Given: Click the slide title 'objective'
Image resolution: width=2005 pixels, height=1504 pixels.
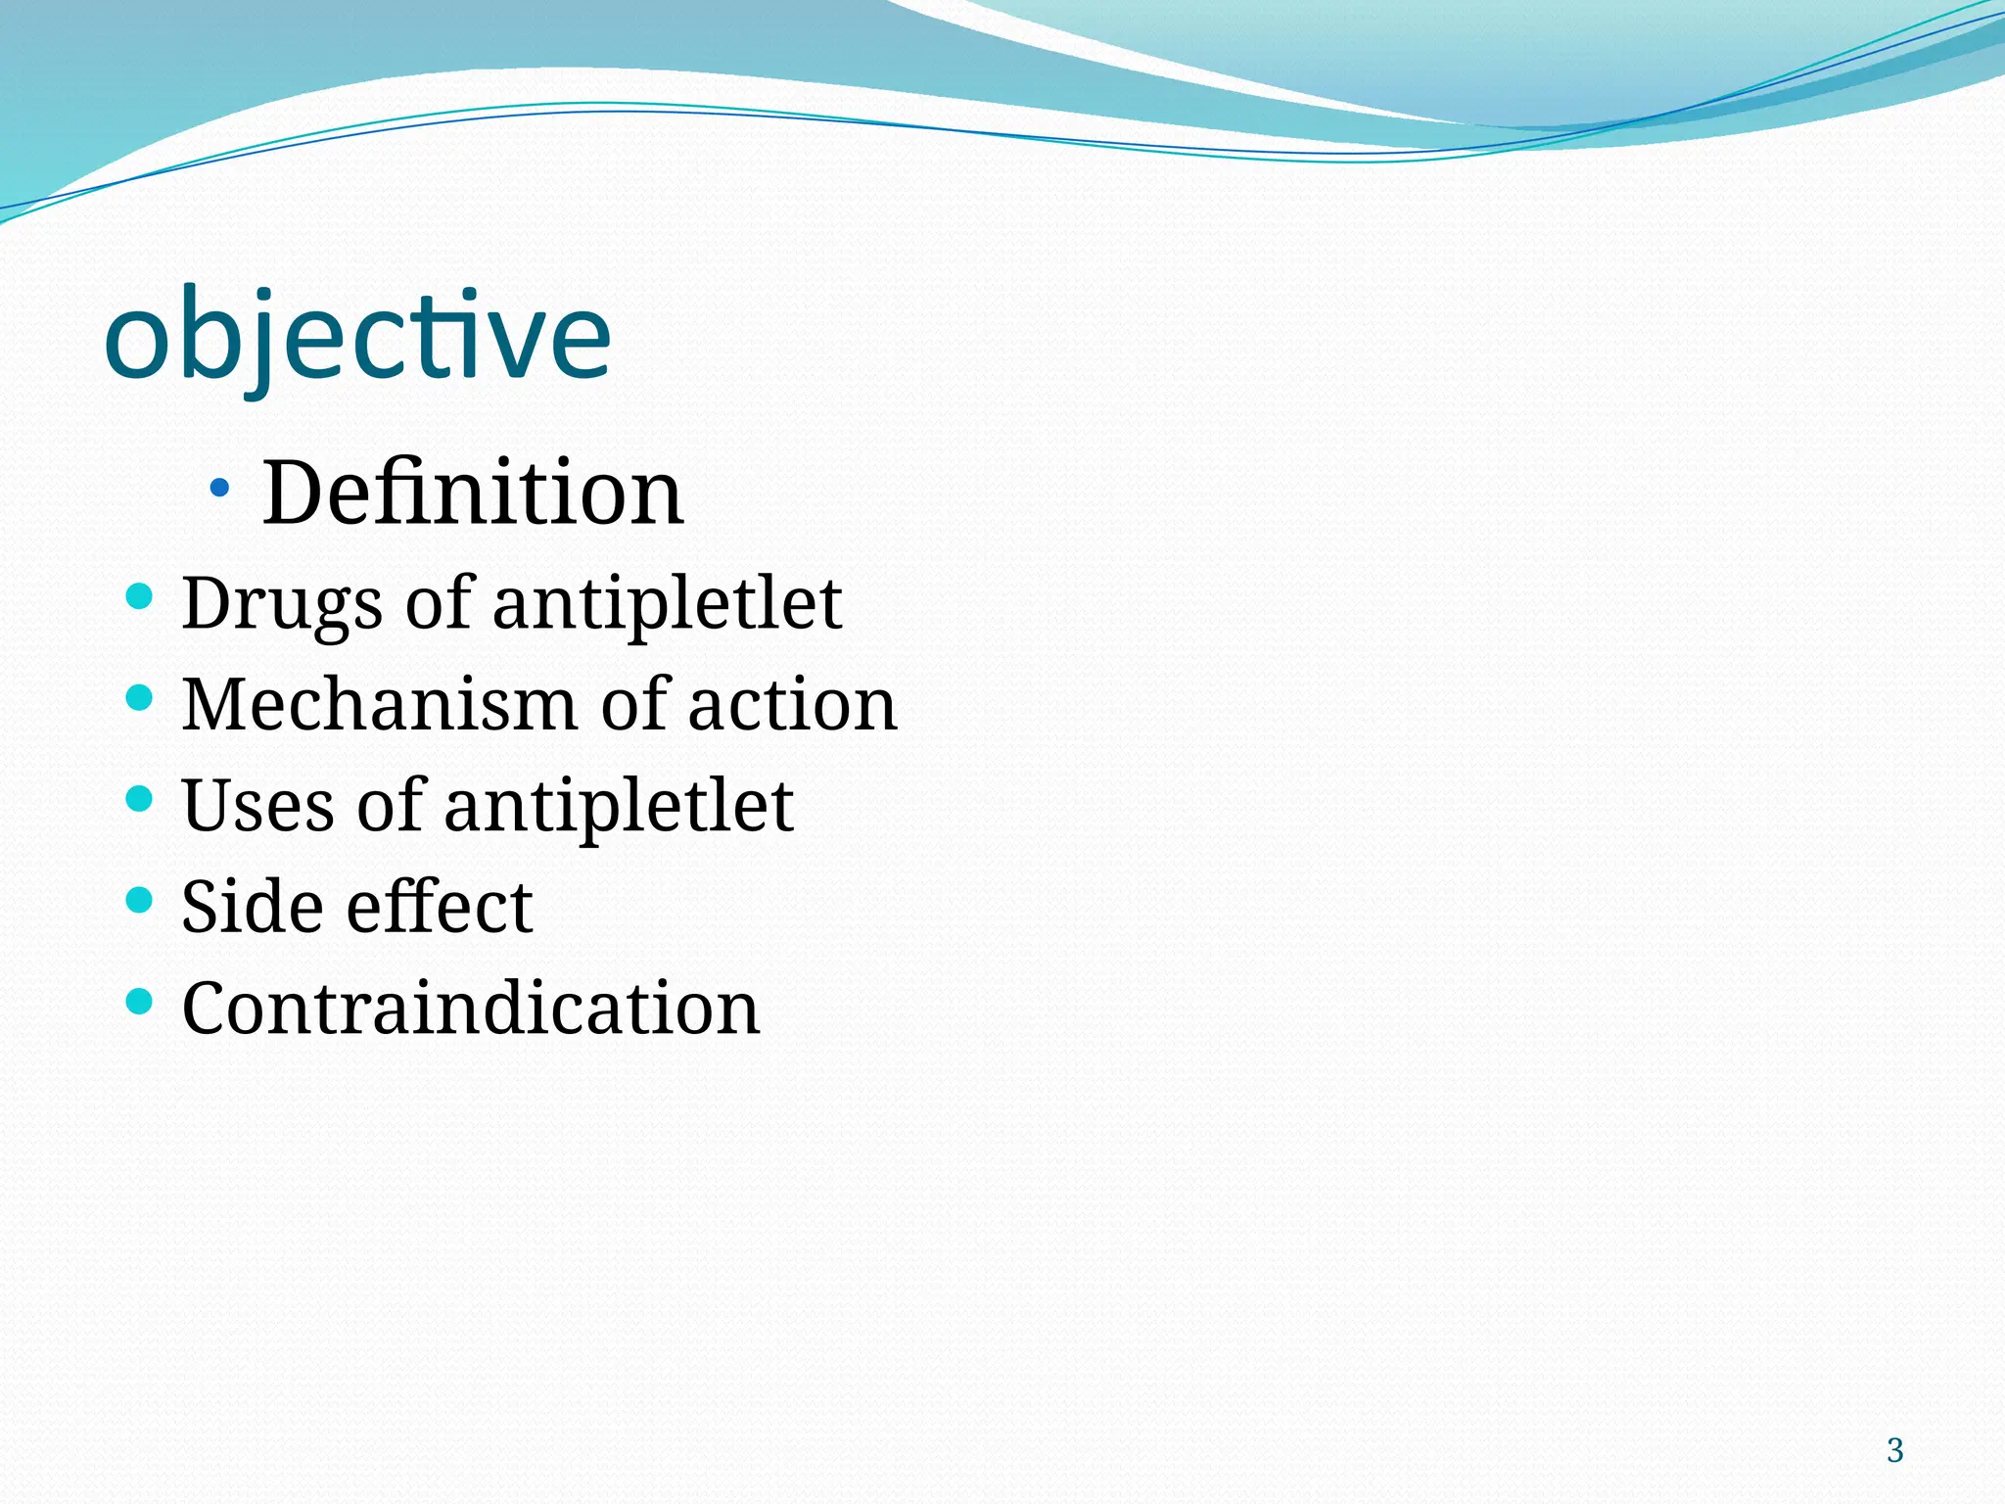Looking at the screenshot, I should coord(357,338).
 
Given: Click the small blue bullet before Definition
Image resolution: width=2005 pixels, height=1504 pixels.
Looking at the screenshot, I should coord(219,486).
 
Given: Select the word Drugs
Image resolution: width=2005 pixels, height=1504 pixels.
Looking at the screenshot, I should coord(282,604).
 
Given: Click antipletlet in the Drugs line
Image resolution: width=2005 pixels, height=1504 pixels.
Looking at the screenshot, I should coord(667,604).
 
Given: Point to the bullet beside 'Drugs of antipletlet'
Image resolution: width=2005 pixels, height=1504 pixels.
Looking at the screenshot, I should coord(140,595).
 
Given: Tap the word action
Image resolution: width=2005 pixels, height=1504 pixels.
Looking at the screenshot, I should coord(792,705).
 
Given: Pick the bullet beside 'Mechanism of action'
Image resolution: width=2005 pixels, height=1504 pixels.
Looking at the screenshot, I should coord(140,697).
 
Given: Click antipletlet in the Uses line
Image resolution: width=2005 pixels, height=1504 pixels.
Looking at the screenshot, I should coord(618,806).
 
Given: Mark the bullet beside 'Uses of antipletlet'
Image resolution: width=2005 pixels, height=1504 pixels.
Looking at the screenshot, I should coord(140,798).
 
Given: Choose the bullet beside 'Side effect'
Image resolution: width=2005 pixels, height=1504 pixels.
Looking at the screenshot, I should coord(140,899).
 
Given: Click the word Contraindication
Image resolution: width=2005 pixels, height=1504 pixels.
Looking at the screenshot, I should coord(471,1009).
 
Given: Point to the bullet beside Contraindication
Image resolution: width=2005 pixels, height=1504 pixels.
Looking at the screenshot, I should coord(140,1001).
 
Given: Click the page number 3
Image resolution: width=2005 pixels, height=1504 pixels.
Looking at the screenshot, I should coord(1894,1450).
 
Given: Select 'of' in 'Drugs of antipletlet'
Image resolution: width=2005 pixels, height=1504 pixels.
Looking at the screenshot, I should coord(439,604).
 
